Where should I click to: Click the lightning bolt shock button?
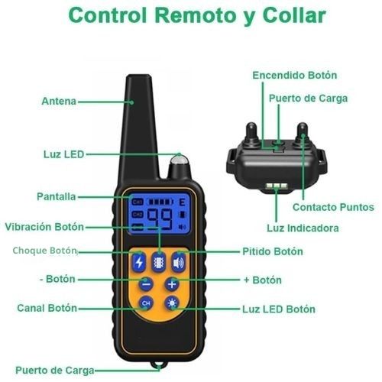pyautogui.click(x=139, y=262)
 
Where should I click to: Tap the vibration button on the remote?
pyautogui.click(x=159, y=262)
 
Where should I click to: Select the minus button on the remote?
pyautogui.click(x=146, y=284)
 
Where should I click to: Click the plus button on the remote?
pyautogui.click(x=172, y=284)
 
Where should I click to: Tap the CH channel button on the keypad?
pyautogui.click(x=146, y=303)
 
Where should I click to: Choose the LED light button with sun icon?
pyautogui.click(x=172, y=303)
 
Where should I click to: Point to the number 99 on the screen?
pyautogui.click(x=160, y=219)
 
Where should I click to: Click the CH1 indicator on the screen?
pyautogui.click(x=138, y=202)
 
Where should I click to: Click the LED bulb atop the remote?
pyautogui.click(x=180, y=161)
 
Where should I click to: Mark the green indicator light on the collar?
pyautogui.click(x=277, y=186)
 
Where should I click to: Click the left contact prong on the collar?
pyautogui.click(x=251, y=135)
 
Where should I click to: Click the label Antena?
pyautogui.click(x=59, y=102)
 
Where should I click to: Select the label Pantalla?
pyautogui.click(x=57, y=196)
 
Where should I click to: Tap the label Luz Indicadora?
pyautogui.click(x=303, y=228)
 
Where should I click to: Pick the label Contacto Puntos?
pyautogui.click(x=333, y=207)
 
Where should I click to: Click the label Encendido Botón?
pyautogui.click(x=295, y=75)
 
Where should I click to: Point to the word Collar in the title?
pyautogui.click(x=294, y=15)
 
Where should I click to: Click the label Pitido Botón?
pyautogui.click(x=273, y=251)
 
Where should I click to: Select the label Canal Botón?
pyautogui.click(x=47, y=308)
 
